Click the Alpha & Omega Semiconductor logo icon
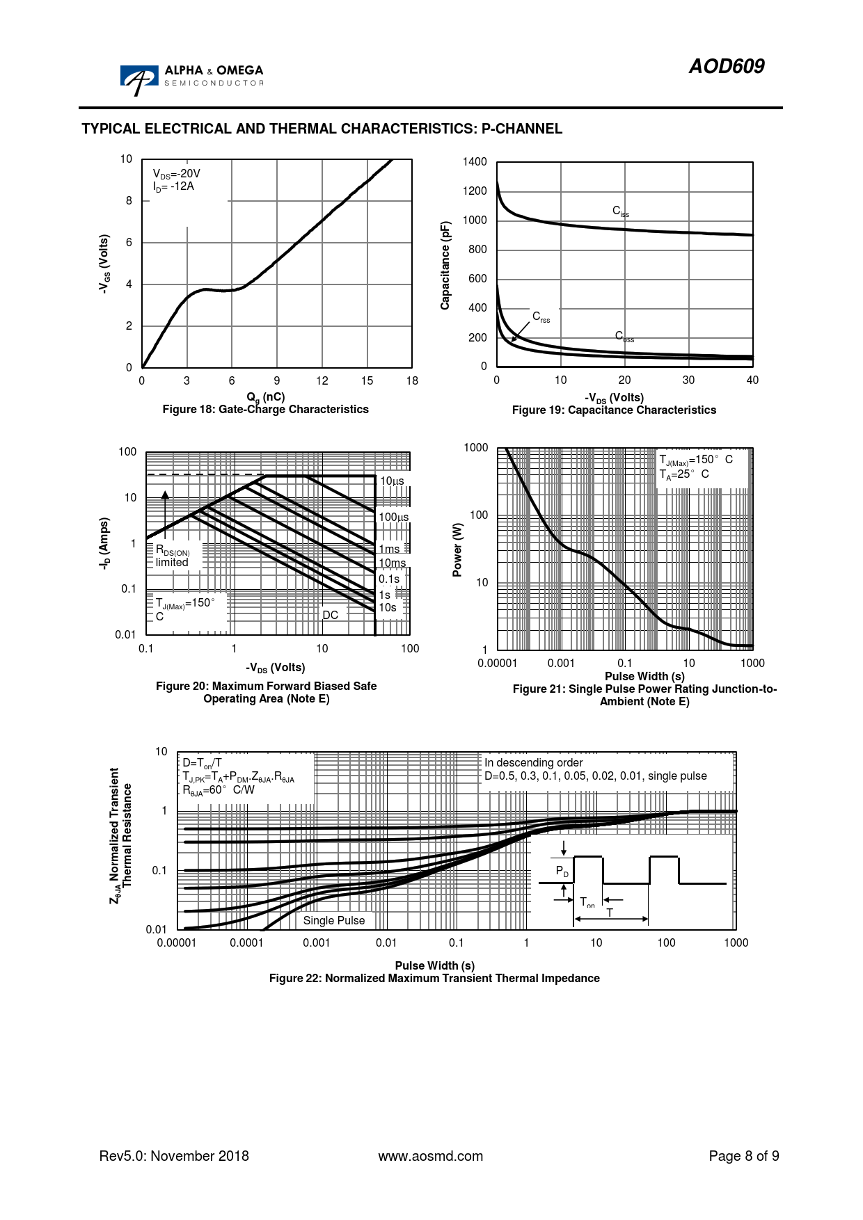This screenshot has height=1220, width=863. click(138, 80)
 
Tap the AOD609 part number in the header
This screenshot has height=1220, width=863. click(726, 66)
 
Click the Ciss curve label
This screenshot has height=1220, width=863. click(620, 211)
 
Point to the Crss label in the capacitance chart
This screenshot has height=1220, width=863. click(541, 317)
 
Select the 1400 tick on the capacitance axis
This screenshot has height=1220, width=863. click(475, 162)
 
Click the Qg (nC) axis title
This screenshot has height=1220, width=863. click(266, 397)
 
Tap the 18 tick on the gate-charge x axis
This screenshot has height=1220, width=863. click(412, 380)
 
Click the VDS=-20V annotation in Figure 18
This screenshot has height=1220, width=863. click(177, 174)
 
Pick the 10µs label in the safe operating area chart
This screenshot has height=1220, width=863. click(391, 481)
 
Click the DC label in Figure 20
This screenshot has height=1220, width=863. click(330, 615)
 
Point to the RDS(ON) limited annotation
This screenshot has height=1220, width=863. click(173, 556)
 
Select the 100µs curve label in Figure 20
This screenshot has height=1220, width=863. click(393, 517)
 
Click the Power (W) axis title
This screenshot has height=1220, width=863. click(457, 549)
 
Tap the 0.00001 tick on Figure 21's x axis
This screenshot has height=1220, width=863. click(497, 663)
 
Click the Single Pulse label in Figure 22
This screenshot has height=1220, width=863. click(334, 920)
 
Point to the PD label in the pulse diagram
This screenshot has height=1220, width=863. click(562, 871)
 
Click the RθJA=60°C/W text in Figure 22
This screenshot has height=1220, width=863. click(219, 790)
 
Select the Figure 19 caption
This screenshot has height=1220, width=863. click(614, 410)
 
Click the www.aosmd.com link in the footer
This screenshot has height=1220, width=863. click(430, 1156)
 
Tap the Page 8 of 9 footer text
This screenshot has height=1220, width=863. click(743, 1156)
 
